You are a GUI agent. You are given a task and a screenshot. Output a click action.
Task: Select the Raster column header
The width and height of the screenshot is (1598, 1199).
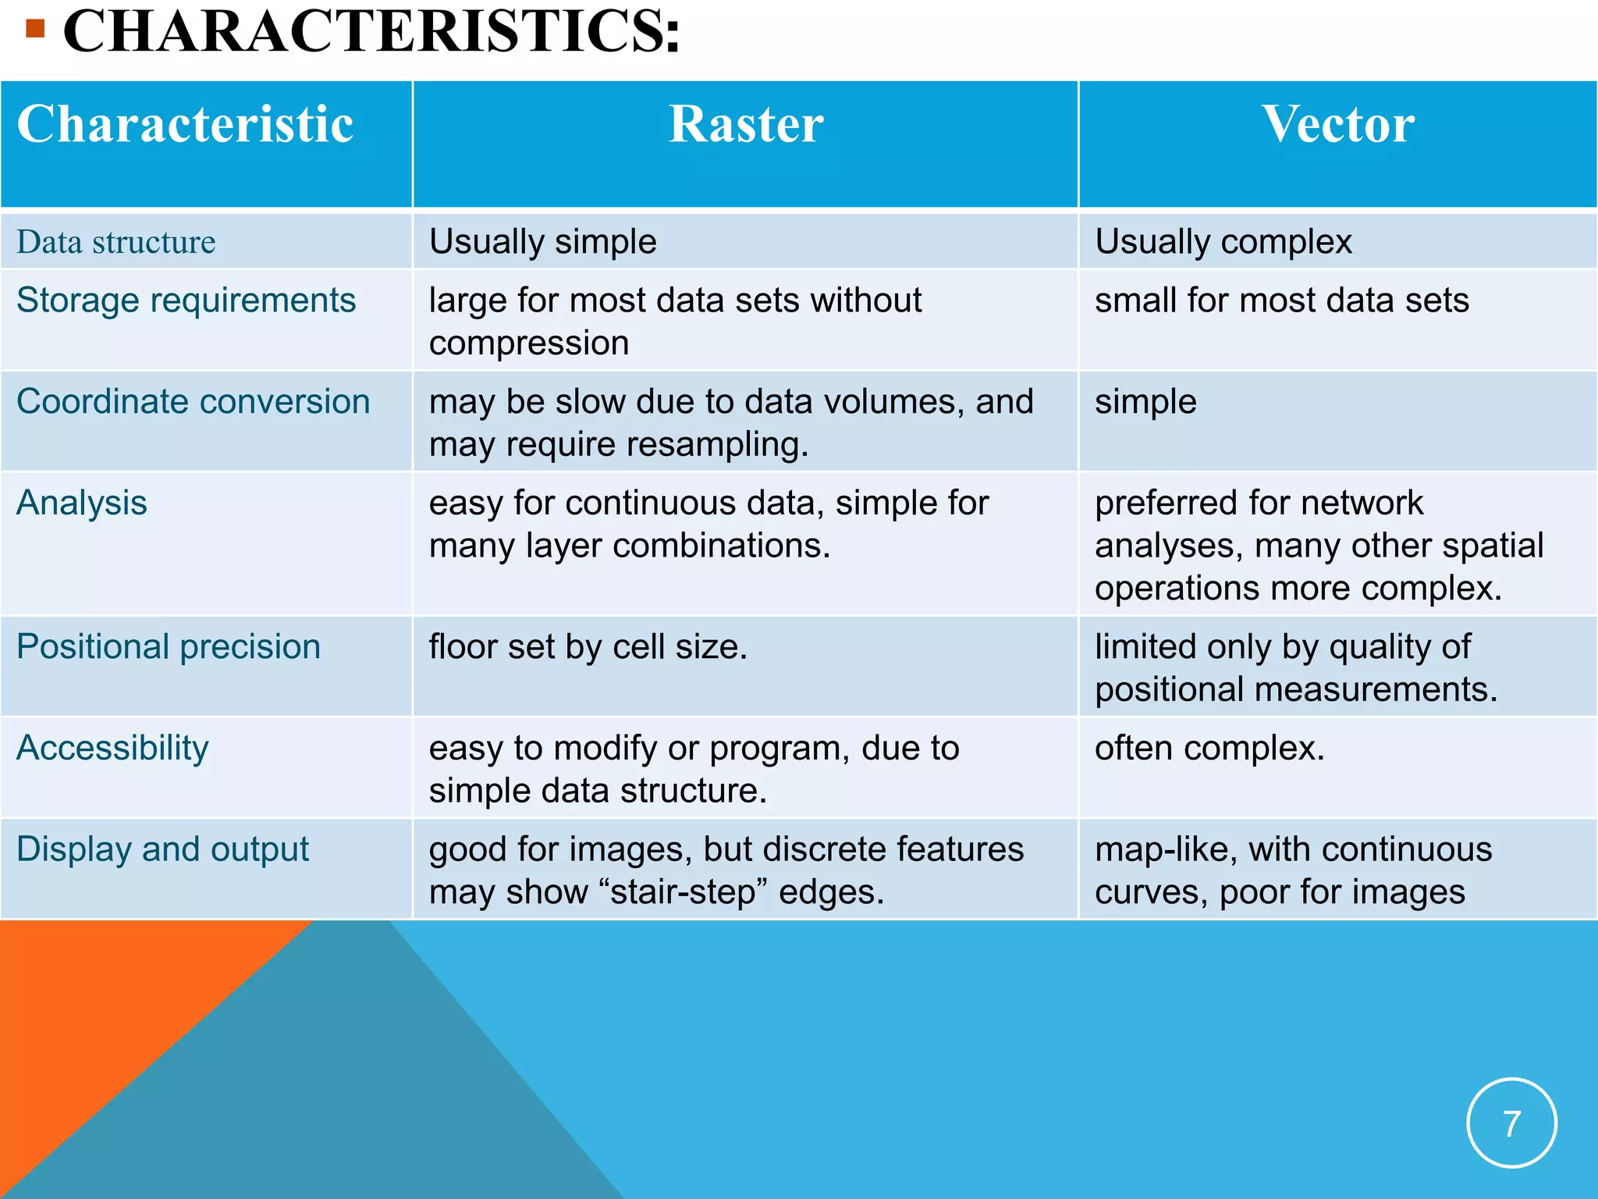(x=745, y=125)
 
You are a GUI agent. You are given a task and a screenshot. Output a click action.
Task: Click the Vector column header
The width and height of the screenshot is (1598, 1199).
(x=1337, y=125)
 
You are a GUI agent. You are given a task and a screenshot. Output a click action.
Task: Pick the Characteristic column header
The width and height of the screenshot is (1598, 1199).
(x=185, y=125)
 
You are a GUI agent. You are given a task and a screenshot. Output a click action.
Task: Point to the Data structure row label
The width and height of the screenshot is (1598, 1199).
(x=115, y=242)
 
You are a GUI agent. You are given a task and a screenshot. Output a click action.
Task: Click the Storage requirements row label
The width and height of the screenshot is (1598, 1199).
(x=186, y=301)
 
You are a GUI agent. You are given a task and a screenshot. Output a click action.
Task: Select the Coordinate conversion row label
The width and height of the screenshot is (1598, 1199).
(x=193, y=402)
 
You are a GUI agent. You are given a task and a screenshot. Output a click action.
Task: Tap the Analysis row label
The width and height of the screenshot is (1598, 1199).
(x=82, y=503)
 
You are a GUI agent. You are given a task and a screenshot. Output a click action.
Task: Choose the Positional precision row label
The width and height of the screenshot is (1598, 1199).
(x=169, y=647)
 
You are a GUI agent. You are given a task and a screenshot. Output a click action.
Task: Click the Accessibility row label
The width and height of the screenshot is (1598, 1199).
(x=112, y=749)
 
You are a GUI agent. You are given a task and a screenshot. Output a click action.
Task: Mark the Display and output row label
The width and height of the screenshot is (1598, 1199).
(x=162, y=849)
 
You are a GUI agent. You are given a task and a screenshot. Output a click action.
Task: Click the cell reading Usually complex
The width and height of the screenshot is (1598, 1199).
(x=1223, y=242)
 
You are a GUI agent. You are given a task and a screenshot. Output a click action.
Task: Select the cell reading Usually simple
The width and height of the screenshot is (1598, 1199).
(x=542, y=242)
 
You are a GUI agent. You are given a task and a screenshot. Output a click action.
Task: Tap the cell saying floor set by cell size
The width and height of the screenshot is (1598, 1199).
(x=588, y=647)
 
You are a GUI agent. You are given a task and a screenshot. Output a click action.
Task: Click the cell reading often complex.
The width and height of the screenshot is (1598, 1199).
(x=1209, y=749)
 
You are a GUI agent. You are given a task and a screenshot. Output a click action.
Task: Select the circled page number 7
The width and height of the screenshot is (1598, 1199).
(x=1511, y=1123)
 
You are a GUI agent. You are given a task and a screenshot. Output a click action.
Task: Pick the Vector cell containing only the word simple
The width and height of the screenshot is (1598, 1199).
(x=1145, y=402)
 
